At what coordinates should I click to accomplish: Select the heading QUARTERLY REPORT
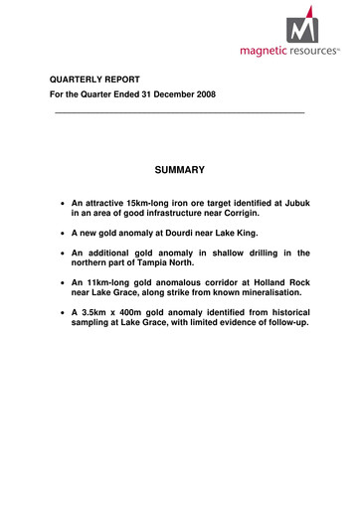[x=98, y=80]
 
